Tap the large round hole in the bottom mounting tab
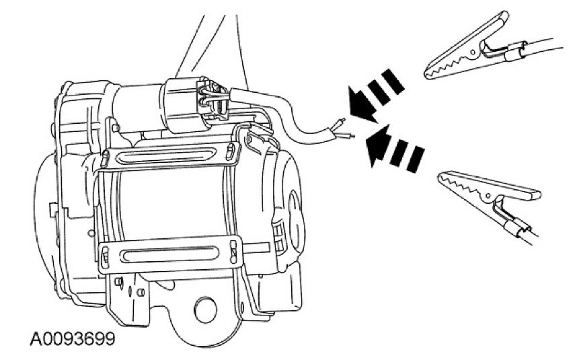tap(204, 310)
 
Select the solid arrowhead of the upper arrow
tap(361, 104)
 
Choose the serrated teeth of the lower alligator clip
tap(463, 184)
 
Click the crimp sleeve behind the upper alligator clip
tap(514, 52)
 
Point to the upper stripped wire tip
tap(340, 123)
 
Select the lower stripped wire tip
tap(346, 136)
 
